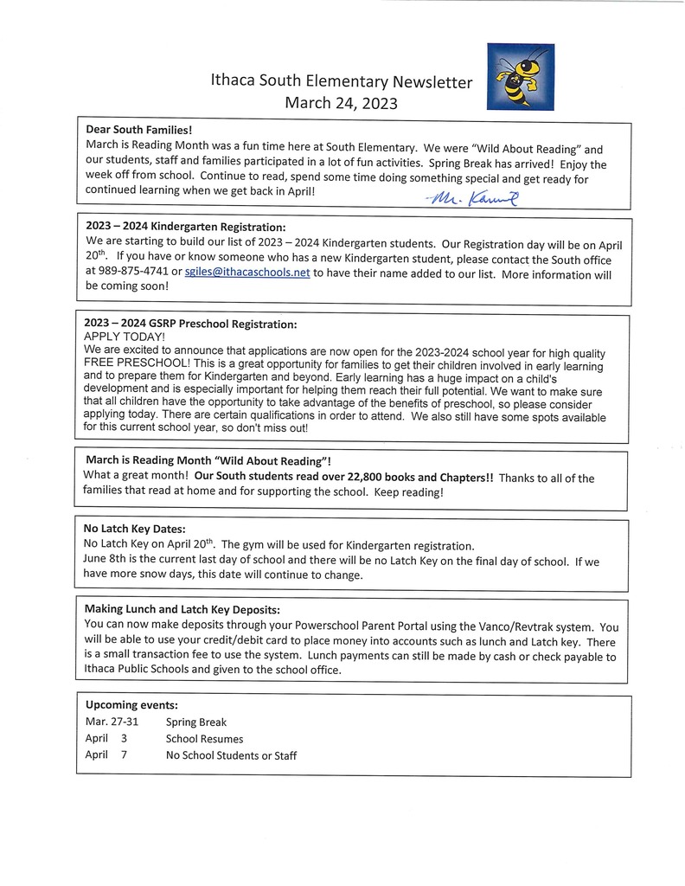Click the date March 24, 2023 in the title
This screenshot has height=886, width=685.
(341, 104)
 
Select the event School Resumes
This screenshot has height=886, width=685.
(204, 739)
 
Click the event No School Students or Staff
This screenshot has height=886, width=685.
(231, 756)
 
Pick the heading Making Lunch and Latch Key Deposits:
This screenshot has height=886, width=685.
(182, 609)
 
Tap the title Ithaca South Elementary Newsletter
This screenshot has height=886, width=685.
(342, 83)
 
